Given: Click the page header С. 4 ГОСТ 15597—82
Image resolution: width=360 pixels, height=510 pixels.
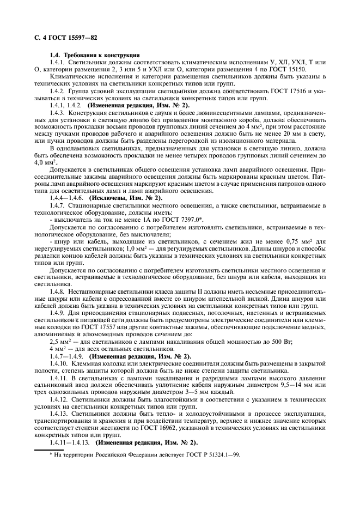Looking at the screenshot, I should pyautogui.click(x=60, y=37).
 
